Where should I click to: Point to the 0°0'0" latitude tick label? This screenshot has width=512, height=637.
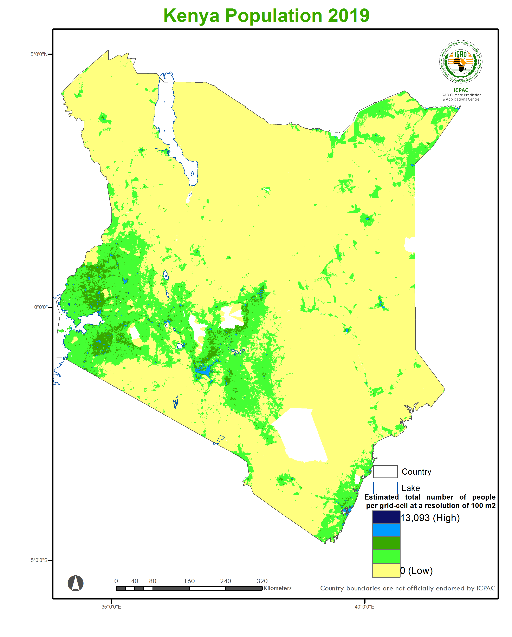(40, 307)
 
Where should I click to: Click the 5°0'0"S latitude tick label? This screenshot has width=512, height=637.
(39, 560)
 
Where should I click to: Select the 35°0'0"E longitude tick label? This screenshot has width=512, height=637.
(111, 607)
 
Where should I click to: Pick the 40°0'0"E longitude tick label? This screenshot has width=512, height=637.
(364, 607)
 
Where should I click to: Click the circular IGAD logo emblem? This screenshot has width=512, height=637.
(461, 62)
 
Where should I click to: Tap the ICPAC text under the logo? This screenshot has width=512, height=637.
(461, 90)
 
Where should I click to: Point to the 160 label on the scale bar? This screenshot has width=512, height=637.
(189, 581)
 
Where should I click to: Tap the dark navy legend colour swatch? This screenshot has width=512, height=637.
(386, 517)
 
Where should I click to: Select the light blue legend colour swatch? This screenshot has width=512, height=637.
(386, 530)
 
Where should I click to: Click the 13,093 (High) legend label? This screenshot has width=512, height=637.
(430, 518)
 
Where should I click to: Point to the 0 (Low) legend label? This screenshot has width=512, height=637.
(416, 570)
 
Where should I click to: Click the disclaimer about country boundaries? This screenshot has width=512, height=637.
(407, 588)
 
